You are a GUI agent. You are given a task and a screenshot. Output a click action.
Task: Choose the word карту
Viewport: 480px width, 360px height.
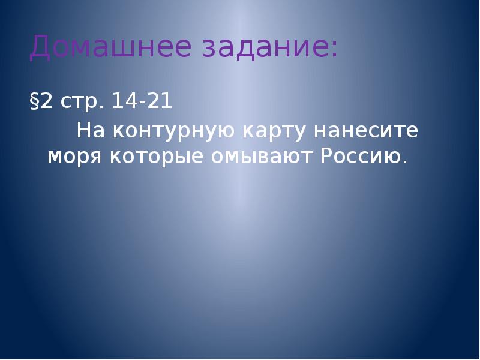(273, 131)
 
